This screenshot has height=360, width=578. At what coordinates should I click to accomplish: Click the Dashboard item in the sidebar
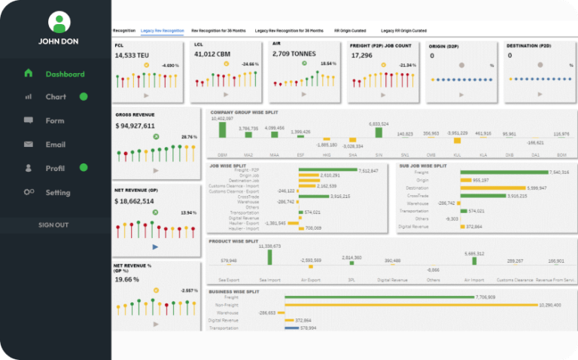pyautogui.click(x=64, y=74)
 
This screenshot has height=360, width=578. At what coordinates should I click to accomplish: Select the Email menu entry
pyautogui.click(x=55, y=145)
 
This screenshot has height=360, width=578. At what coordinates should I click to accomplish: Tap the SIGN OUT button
pyautogui.click(x=53, y=224)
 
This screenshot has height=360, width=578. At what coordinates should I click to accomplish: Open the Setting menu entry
pyautogui.click(x=57, y=193)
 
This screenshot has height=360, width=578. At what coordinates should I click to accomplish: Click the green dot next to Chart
pyautogui.click(x=84, y=96)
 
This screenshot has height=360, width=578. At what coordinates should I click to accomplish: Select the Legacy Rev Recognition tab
pyautogui.click(x=163, y=31)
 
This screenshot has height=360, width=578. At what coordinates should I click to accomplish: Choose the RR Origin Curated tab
pyautogui.click(x=350, y=31)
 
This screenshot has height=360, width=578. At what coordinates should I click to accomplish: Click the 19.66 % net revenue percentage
pyautogui.click(x=127, y=279)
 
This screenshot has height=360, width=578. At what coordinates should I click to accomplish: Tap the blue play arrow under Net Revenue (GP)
pyautogui.click(x=155, y=247)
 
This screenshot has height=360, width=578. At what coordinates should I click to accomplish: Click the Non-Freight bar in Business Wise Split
pyautogui.click(x=411, y=305)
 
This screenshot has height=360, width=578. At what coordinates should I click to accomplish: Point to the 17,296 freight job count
pyautogui.click(x=362, y=55)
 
